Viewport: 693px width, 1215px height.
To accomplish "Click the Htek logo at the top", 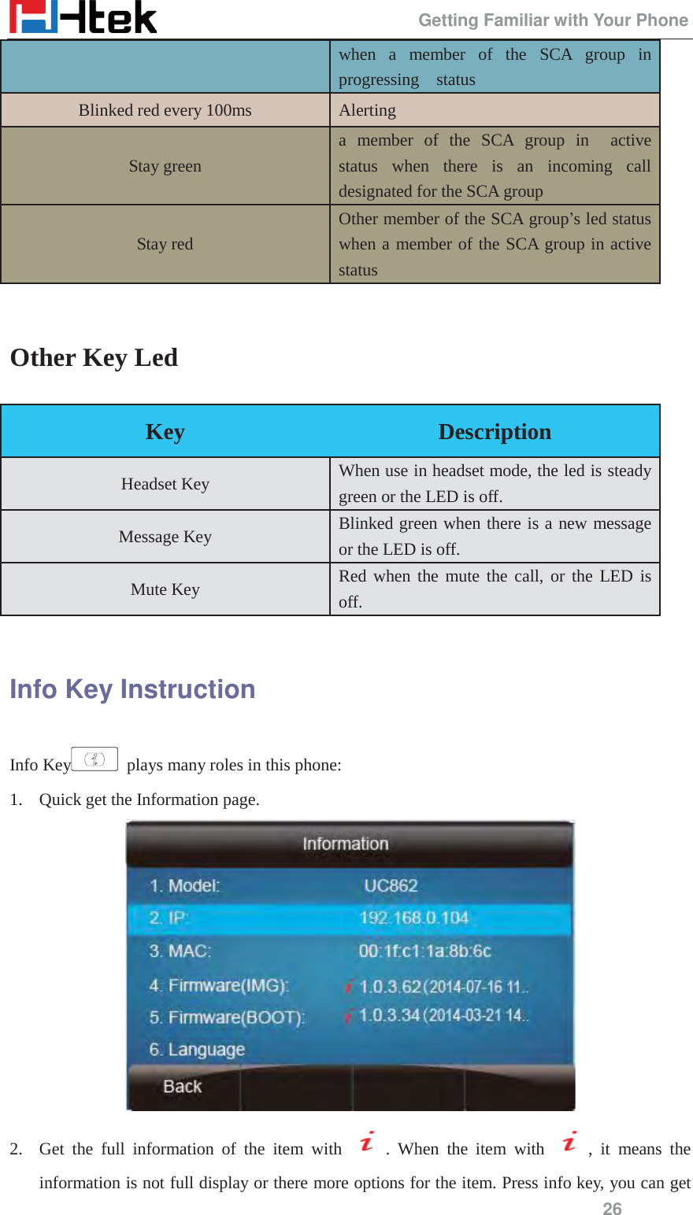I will click(83, 18).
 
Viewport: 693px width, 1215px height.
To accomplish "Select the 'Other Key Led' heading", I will click(94, 358).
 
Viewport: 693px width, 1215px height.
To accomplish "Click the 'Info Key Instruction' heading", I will click(132, 689).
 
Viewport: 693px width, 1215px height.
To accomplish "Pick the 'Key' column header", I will click(165, 432).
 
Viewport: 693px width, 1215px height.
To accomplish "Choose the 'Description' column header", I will click(495, 432).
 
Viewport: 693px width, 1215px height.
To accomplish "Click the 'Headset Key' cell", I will click(165, 484).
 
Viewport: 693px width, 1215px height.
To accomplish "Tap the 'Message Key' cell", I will click(165, 537).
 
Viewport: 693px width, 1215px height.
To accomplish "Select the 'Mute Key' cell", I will click(165, 589).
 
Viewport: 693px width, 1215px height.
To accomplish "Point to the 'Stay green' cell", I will click(165, 166).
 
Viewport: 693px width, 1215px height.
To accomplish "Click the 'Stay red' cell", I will click(165, 244).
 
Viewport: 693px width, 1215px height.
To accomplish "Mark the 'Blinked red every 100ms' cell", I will click(165, 110).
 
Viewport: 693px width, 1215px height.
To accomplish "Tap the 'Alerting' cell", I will click(368, 110).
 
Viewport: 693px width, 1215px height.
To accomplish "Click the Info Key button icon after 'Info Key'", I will click(94, 759).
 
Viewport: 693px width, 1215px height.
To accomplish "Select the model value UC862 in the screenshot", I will click(391, 885).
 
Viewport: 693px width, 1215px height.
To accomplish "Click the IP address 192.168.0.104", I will click(413, 918).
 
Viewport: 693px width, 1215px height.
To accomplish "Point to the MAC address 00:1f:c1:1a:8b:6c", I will click(424, 951).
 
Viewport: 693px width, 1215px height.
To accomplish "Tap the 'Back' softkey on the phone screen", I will click(183, 1087).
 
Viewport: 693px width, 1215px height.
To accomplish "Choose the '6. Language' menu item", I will click(197, 1050).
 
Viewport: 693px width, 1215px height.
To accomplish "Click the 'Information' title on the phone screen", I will click(346, 844).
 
